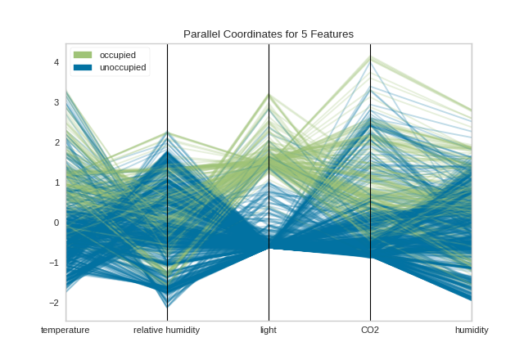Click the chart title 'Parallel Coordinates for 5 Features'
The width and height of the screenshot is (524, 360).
269,34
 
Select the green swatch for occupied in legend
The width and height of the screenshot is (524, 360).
83,55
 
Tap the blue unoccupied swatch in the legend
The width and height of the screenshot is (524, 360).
83,67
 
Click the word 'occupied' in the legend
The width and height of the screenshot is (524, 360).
118,55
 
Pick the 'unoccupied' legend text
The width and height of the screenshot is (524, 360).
123,67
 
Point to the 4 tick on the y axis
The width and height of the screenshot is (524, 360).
56,62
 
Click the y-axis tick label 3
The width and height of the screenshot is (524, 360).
56,102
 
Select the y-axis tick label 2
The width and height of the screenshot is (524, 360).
56,142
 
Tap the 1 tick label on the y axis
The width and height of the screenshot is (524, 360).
56,182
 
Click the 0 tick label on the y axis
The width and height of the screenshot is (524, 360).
56,223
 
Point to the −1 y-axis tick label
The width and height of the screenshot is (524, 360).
54,263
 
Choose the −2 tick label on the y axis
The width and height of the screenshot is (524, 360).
54,303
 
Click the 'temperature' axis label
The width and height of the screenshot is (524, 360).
65,331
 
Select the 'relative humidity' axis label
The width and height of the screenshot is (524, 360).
166,331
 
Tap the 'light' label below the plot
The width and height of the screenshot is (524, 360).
269,331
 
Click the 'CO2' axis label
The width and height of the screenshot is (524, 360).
370,331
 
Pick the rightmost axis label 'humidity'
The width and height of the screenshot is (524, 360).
472,331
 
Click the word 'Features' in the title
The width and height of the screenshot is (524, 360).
332,34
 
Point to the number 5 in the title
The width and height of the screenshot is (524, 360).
305,34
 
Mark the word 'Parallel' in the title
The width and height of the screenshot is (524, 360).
202,34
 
